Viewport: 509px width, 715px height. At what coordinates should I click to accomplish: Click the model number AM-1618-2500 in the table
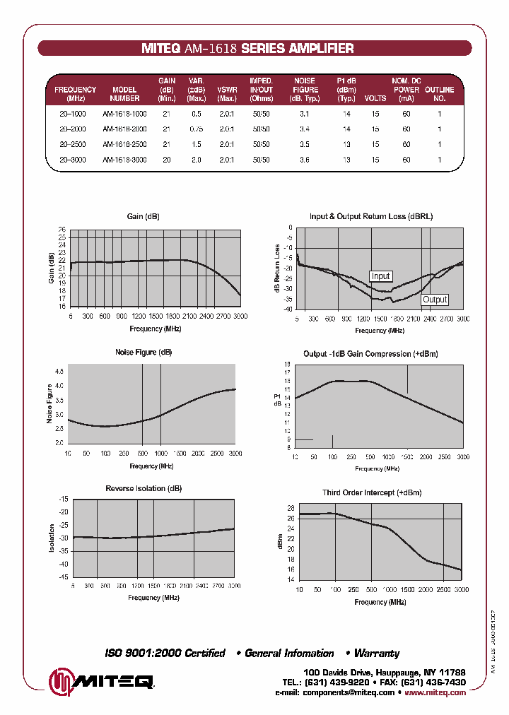pyautogui.click(x=124, y=144)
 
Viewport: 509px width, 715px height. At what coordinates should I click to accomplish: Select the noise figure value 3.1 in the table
pyautogui.click(x=304, y=113)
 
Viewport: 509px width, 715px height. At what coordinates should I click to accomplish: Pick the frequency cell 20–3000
pyautogui.click(x=73, y=160)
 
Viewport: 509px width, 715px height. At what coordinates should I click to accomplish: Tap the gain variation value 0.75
pyautogui.click(x=196, y=129)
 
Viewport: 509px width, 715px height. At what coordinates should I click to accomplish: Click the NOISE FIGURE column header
pyautogui.click(x=305, y=90)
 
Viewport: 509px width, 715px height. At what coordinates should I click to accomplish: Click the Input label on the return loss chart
pyautogui.click(x=380, y=276)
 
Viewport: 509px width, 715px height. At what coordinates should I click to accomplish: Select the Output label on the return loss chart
pyautogui.click(x=435, y=300)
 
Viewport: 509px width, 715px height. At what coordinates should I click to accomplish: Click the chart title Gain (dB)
pyautogui.click(x=143, y=216)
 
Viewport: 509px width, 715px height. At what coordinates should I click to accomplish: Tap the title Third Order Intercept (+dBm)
pyautogui.click(x=371, y=492)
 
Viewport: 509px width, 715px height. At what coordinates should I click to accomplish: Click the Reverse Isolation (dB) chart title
pyautogui.click(x=144, y=488)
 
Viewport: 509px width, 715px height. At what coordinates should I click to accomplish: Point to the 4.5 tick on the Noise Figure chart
pyautogui.click(x=59, y=371)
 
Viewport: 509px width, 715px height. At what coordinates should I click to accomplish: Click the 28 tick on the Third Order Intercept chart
pyautogui.click(x=290, y=508)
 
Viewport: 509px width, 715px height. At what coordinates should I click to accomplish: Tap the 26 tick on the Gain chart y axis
pyautogui.click(x=62, y=230)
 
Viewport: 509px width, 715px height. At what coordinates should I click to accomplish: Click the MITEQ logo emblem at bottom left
pyautogui.click(x=61, y=681)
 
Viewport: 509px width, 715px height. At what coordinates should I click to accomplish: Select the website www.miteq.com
pyautogui.click(x=435, y=692)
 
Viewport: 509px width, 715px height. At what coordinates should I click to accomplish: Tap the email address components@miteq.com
pyautogui.click(x=348, y=692)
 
